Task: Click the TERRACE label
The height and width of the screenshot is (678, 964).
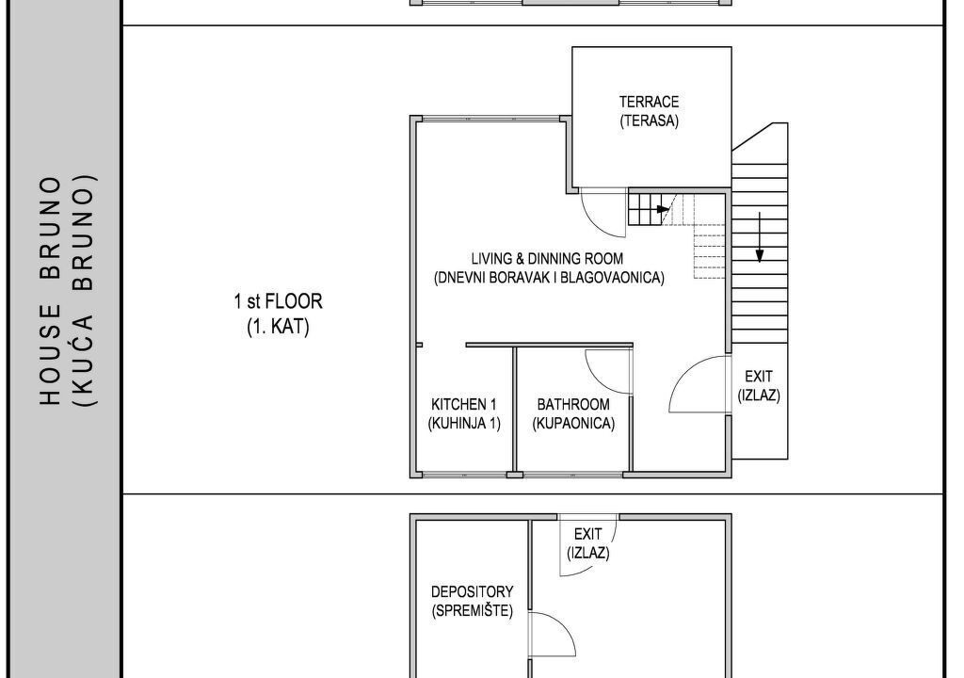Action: [x=649, y=102]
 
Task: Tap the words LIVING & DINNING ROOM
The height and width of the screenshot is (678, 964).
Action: [x=547, y=258]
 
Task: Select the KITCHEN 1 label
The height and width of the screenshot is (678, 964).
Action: [x=463, y=404]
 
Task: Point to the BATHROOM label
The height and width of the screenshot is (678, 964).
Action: [x=573, y=404]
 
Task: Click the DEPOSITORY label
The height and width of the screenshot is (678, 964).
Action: [x=473, y=592]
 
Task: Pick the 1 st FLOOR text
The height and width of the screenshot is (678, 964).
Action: [x=278, y=301]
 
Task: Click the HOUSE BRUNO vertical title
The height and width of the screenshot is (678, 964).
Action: [x=51, y=292]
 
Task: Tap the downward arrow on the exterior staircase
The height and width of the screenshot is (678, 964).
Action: [x=760, y=237]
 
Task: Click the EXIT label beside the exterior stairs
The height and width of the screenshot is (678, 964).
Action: [x=759, y=376]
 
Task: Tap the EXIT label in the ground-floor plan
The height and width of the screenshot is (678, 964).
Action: [x=587, y=534]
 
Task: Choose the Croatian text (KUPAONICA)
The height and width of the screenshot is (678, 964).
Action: [x=573, y=424]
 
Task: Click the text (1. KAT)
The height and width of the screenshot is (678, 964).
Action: [x=278, y=326]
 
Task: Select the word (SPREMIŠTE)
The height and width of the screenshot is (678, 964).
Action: [x=473, y=611]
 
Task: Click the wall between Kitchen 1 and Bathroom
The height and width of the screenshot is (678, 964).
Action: [x=515, y=411]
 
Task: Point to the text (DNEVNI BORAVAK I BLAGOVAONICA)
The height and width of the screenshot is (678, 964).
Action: [x=549, y=278]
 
